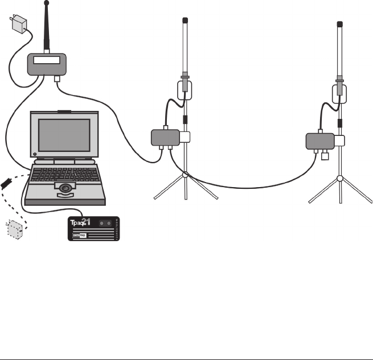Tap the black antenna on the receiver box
pyautogui.click(x=47, y=28)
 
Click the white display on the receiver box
pyautogui.click(x=47, y=60)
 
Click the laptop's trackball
pyautogui.click(x=65, y=187)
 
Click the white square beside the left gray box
pyautogui.click(x=185, y=136)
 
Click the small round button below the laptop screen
pyautogui.click(x=35, y=154)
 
